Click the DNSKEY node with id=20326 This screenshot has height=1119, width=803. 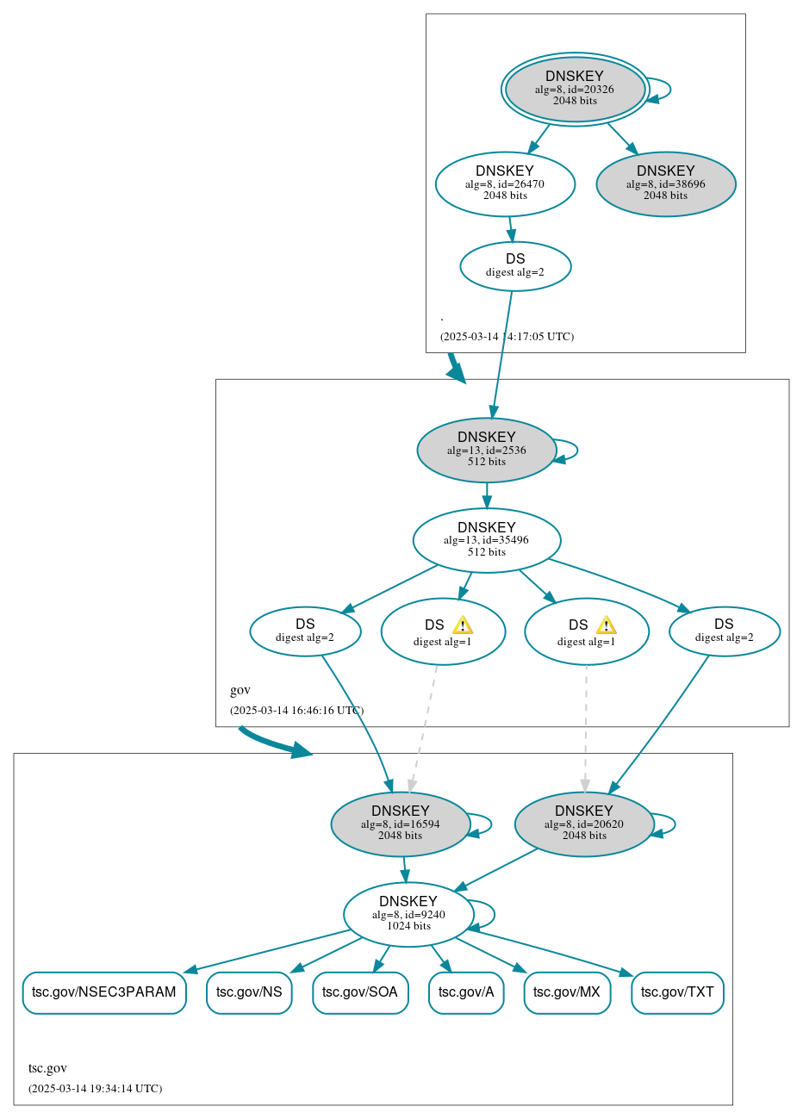tap(575, 89)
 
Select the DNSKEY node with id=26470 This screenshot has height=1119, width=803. tap(505, 183)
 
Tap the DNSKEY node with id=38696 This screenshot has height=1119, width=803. tap(665, 183)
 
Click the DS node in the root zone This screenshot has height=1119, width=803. tap(515, 266)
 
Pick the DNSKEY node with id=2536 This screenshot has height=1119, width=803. tap(486, 450)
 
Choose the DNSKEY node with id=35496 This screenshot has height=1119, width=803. tap(487, 540)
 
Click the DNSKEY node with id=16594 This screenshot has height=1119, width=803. tap(400, 824)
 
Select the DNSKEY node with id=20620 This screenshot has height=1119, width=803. tap(584, 824)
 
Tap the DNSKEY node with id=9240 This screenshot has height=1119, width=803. tap(408, 914)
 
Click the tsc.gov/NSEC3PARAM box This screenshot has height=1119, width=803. tap(103, 992)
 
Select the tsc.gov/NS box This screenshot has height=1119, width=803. tap(249, 992)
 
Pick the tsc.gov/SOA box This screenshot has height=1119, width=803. tap(360, 992)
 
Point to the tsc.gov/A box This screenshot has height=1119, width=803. tap(466, 992)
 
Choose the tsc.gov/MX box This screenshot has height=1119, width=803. tap(567, 992)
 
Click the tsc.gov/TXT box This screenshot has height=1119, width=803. tap(677, 992)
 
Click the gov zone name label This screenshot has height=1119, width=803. tap(240, 690)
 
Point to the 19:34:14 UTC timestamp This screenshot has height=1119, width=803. tap(95, 1088)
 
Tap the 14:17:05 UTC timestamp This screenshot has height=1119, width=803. tap(507, 336)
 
